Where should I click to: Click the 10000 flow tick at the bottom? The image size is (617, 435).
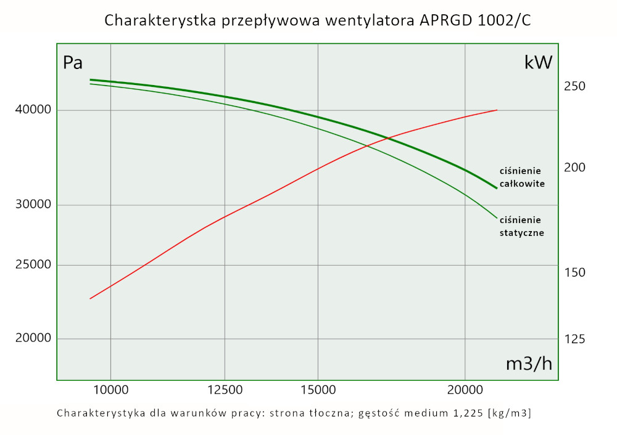[111, 389]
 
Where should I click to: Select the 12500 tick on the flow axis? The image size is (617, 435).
[225, 389]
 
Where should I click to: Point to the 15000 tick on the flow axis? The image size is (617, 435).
[317, 389]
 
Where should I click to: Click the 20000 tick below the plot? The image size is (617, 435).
[465, 389]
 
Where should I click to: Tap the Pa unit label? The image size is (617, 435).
[73, 63]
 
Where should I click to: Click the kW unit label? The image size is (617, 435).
[537, 63]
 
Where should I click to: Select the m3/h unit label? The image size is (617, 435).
[529, 364]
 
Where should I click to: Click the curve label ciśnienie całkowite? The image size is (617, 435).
[522, 177]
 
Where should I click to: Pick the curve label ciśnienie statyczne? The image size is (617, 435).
[522, 226]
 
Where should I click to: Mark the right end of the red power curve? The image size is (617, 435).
[497, 110]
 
